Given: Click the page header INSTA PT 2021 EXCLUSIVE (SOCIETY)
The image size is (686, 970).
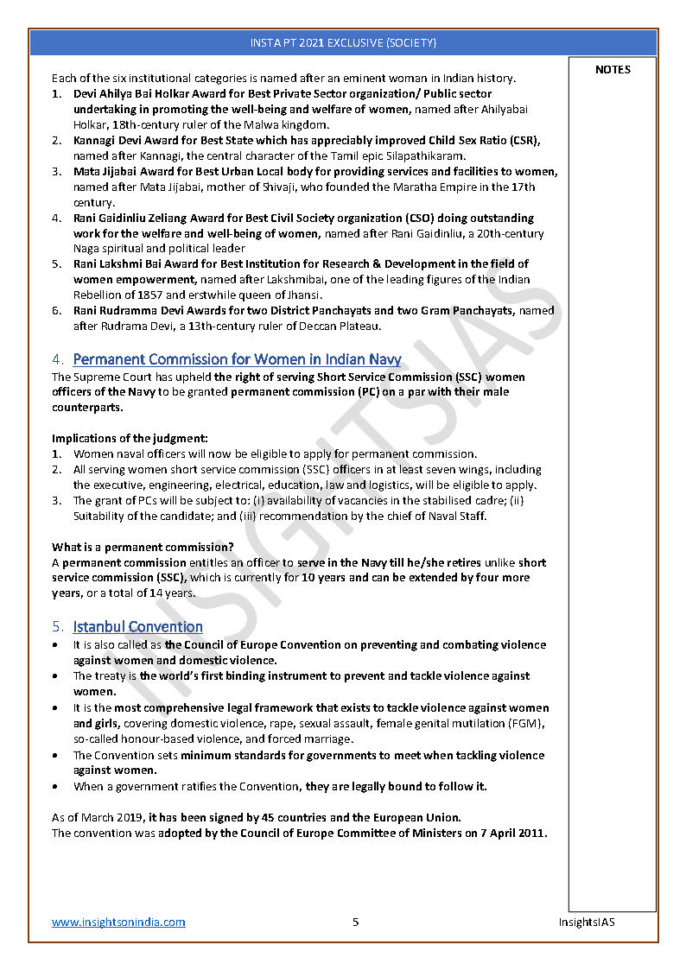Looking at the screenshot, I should [x=343, y=42].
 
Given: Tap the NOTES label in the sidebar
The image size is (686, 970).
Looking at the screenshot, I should [x=613, y=70].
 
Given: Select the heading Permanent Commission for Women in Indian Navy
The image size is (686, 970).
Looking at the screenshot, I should [x=237, y=359].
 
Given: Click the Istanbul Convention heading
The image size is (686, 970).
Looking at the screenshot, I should [x=138, y=626].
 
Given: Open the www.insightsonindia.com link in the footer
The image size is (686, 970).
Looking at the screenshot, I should [x=118, y=922].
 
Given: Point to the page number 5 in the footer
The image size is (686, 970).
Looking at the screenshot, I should [x=355, y=922].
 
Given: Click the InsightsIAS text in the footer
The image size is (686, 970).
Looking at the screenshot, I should [x=586, y=922].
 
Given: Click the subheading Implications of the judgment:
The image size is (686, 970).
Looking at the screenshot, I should [x=130, y=439].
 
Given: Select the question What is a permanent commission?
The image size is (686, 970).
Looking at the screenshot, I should [x=143, y=547].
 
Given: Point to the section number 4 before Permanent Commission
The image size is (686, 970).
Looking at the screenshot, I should [x=57, y=359].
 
